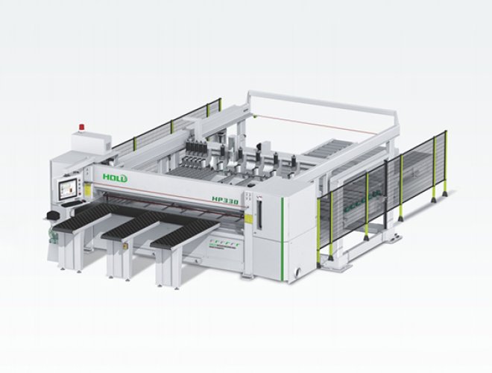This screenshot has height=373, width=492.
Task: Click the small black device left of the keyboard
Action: coord(51,215)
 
